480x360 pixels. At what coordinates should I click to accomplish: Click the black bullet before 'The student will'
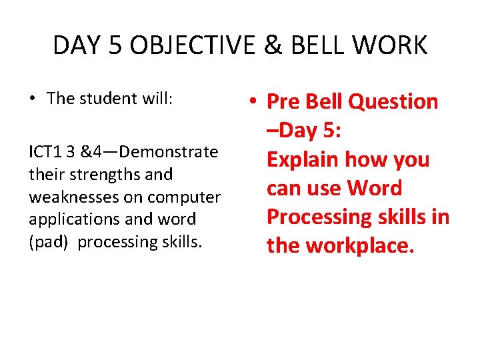pos(32,99)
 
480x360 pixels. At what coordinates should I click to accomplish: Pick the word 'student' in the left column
pos(98,99)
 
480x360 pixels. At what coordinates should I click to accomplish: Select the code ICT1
pos(45,152)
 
